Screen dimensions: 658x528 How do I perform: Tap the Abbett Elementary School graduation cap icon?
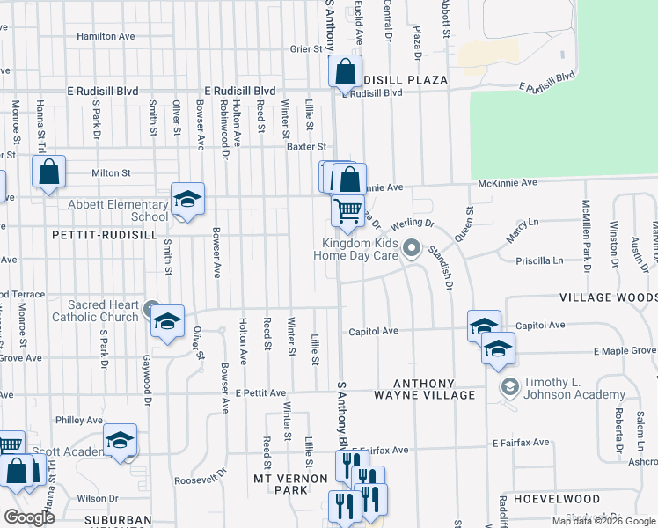coord(187,200)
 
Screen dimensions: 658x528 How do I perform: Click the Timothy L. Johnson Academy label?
coord(575,388)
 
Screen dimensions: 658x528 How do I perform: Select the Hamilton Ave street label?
coord(106,36)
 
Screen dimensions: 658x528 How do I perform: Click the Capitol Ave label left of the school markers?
coord(374,331)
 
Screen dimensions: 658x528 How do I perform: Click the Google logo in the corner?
coord(29,517)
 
